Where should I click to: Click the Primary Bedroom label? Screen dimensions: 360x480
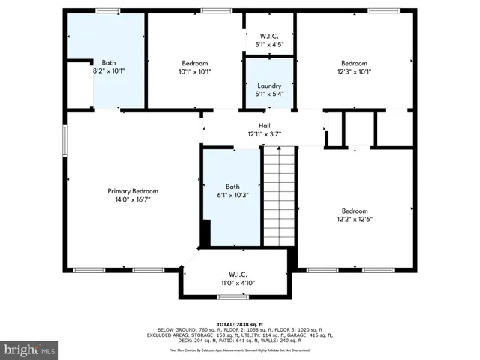coord(133,191)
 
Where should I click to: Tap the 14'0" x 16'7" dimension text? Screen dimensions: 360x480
coord(133,200)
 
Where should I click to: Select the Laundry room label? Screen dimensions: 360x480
coord(269,85)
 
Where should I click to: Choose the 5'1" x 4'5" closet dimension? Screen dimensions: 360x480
coord(269,44)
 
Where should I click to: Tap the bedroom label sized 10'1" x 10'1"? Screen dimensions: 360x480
coord(194,63)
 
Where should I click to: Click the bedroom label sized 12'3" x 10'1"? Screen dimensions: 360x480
coord(355,63)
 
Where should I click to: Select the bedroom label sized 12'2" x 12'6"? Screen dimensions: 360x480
coord(355,211)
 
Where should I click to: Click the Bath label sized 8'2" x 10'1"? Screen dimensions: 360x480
coord(108,63)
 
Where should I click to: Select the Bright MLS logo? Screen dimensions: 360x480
coord(30,349)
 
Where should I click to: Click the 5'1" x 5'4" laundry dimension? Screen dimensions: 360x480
coord(269,94)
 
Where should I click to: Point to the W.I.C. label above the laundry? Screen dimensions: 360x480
coord(269,35)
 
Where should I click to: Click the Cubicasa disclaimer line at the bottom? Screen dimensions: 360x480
coord(240,349)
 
